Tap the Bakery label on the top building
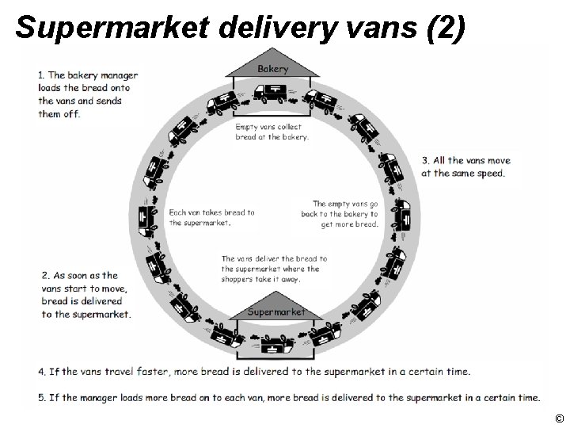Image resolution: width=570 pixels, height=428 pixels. (273, 69)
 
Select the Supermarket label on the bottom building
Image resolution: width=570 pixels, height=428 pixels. (276, 311)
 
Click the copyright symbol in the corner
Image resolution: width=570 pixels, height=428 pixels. (560, 418)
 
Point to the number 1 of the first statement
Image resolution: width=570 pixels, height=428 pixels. (41, 75)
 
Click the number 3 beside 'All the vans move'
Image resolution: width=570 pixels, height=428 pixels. (425, 161)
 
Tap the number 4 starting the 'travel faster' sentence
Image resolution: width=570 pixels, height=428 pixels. (41, 371)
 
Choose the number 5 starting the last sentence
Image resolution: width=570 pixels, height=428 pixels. (41, 397)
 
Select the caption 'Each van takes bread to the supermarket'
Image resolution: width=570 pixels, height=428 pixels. (211, 217)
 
